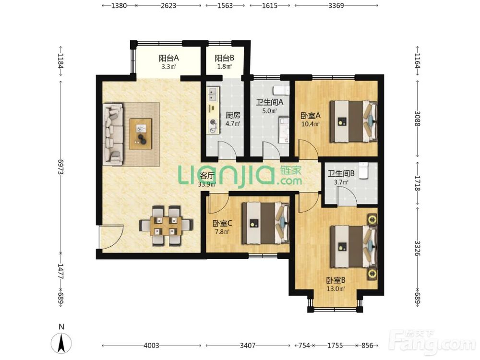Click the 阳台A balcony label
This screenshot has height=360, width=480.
click(168, 58)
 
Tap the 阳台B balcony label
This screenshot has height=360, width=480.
click(224, 58)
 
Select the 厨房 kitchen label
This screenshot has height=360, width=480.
click(233, 115)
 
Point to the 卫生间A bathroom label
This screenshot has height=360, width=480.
click(269, 102)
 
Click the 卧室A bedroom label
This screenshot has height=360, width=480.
click(311, 116)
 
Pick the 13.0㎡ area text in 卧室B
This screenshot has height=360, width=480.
click(336, 288)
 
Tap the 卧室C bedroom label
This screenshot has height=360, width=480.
click(223, 223)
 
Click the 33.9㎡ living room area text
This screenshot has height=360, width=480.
click(206, 184)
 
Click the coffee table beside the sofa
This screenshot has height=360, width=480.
click(141, 134)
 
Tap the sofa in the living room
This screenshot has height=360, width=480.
click(113, 134)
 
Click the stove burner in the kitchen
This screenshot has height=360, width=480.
click(212, 122)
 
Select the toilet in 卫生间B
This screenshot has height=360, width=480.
click(364, 170)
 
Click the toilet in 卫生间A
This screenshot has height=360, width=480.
click(281, 90)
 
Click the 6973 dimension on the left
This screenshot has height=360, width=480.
click(60, 167)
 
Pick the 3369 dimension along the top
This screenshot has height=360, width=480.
click(336, 5)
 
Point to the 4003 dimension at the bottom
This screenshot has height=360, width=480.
click(151, 346)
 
